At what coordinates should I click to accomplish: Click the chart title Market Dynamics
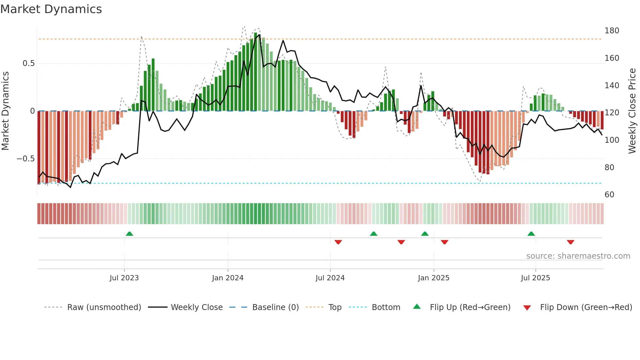(51, 9)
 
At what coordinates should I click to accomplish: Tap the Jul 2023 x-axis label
(124, 278)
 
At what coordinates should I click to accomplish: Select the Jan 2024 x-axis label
(228, 278)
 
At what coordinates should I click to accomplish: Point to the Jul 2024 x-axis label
(330, 278)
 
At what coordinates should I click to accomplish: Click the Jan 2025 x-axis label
(434, 278)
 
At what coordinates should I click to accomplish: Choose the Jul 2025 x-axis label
(536, 278)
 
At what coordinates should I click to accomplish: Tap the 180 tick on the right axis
(612, 31)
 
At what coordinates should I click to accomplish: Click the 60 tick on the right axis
(609, 195)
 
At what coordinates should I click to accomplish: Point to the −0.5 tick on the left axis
(25, 159)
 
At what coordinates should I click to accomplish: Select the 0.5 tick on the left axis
(28, 63)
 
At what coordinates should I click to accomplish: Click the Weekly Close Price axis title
(632, 111)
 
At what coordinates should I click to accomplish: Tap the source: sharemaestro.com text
(578, 256)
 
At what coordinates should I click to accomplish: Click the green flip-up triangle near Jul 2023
(129, 234)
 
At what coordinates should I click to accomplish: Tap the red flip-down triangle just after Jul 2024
(338, 242)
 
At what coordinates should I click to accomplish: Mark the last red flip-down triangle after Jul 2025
(570, 242)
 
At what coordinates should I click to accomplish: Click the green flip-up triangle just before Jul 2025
(531, 234)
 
